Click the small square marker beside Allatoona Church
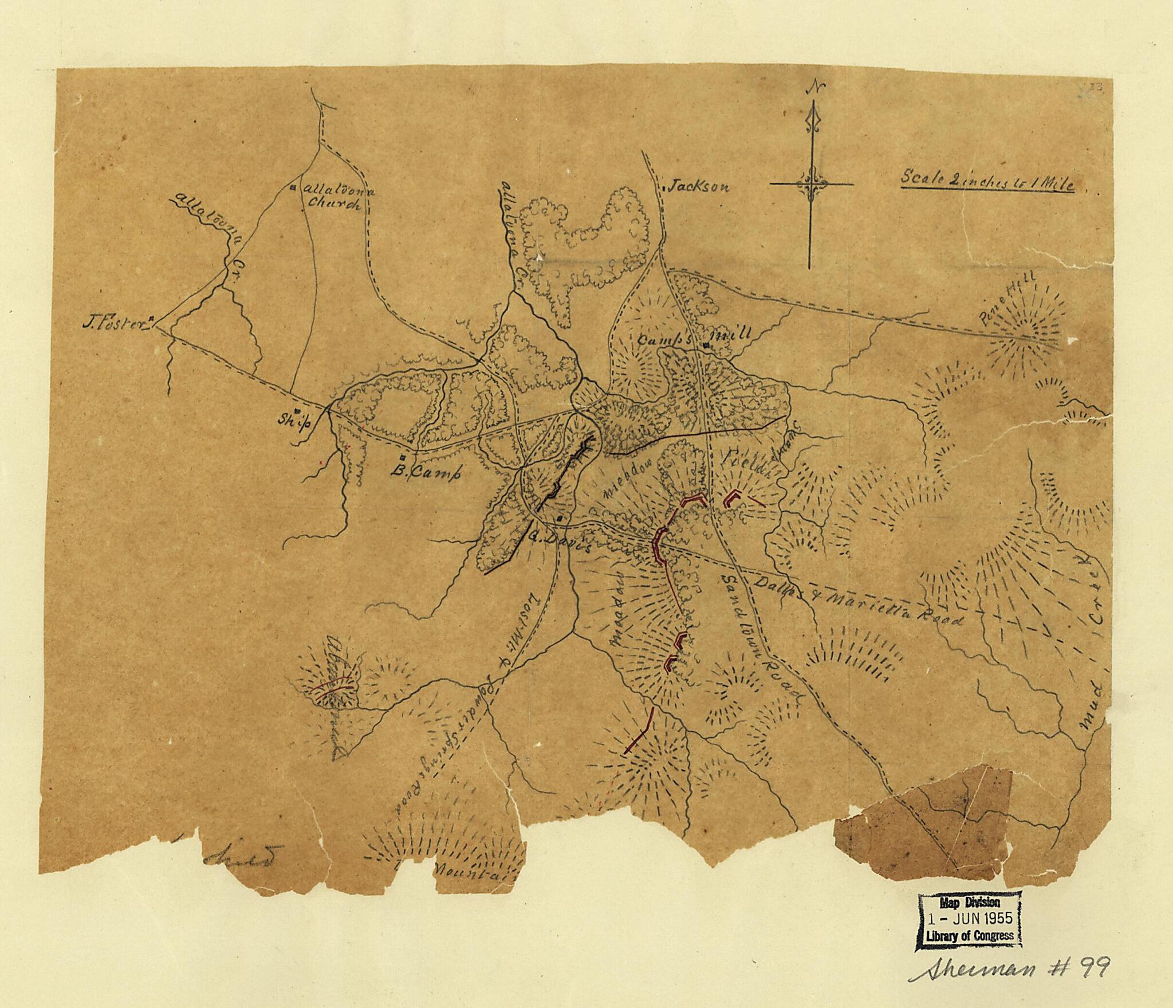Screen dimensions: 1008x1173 pyautogui.click(x=293, y=187)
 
